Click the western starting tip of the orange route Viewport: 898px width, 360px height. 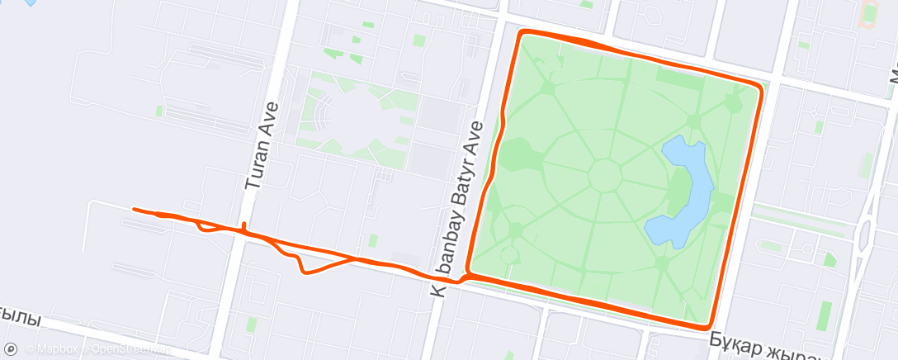click(x=134, y=210)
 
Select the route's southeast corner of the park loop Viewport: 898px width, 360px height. click(x=710, y=322)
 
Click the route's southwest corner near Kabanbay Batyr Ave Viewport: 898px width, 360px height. click(x=468, y=270)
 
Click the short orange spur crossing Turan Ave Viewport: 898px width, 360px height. click(x=244, y=227)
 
